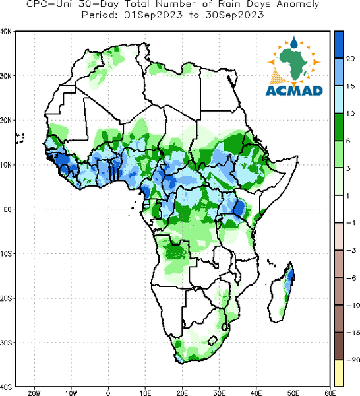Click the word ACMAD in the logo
[x=294, y=91]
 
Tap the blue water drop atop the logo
[x=294, y=43]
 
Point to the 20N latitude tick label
[x=6, y=120]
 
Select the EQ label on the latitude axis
[x=7, y=209]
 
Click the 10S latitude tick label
[x=6, y=254]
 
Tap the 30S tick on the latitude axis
[x=6, y=343]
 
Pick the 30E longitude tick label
[x=219, y=393]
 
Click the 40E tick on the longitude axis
[x=256, y=393]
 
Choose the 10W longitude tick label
[x=71, y=393]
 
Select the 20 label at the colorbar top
[x=350, y=59]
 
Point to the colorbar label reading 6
[x=348, y=141]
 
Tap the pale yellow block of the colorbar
[x=339, y=373]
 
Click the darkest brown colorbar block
[x=339, y=346]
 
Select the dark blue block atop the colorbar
[x=339, y=45]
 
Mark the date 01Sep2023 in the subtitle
[x=153, y=15]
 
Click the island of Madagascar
[x=281, y=292]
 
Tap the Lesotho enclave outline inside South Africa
[x=212, y=341]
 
